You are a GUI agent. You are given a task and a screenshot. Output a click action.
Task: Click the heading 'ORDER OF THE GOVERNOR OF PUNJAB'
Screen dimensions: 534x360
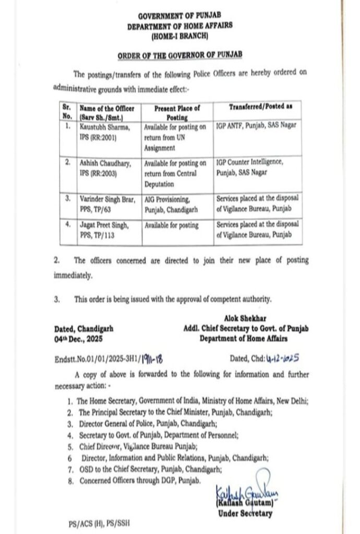(x=179, y=54)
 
